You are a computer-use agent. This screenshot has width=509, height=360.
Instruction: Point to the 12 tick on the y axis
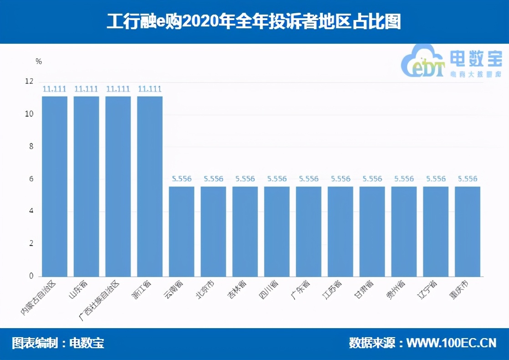(x=30, y=82)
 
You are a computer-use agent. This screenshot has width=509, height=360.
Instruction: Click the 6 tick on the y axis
(x=31, y=179)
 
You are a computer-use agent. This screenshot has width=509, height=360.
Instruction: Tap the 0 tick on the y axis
(x=31, y=276)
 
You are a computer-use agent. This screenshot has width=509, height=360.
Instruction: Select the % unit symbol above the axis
(x=39, y=62)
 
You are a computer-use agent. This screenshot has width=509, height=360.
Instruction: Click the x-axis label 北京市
(x=205, y=290)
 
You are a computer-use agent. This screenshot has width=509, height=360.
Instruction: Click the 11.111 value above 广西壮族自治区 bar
(x=118, y=89)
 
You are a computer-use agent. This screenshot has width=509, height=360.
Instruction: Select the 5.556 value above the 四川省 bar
(x=277, y=179)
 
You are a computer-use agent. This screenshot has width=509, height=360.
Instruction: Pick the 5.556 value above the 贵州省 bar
(x=404, y=179)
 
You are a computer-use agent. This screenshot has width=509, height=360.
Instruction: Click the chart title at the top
(x=254, y=22)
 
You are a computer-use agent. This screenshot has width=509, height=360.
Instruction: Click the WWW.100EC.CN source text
(x=451, y=343)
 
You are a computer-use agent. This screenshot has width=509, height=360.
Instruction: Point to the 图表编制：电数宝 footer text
(x=58, y=343)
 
